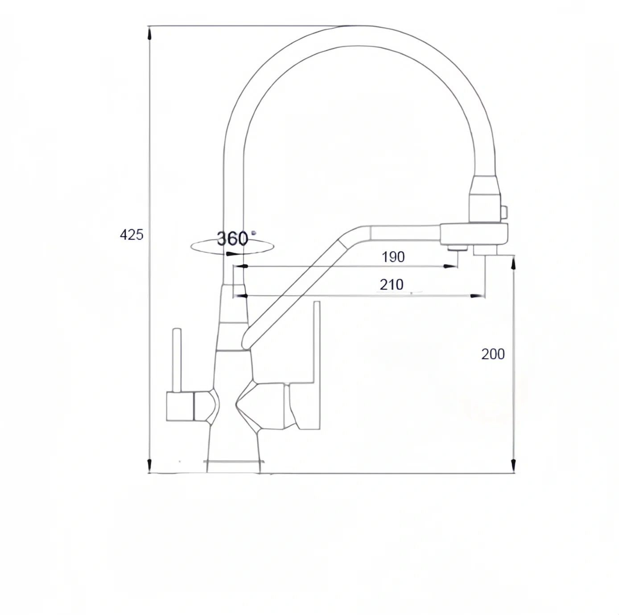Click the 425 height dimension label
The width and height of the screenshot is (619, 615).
point(132,235)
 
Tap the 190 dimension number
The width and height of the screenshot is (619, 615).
point(393,257)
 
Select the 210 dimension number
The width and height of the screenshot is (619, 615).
point(391,284)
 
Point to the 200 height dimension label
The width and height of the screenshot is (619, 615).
point(493,354)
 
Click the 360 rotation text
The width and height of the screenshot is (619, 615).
point(232,238)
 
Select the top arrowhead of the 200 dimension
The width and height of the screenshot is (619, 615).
point(513,263)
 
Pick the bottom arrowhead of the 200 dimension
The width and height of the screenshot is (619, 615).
point(513,465)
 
